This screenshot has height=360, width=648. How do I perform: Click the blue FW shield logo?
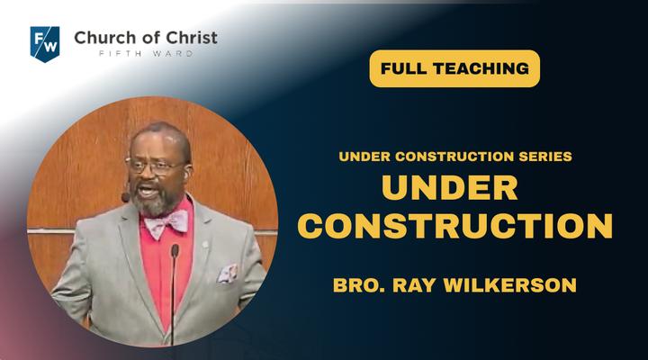[45, 44]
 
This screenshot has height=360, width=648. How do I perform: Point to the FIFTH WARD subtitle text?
[146, 54]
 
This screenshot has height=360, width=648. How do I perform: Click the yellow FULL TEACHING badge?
[454, 68]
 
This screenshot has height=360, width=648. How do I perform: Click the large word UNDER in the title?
[450, 187]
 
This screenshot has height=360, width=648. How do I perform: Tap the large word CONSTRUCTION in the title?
[454, 226]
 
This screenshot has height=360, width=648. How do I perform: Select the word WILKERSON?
[510, 285]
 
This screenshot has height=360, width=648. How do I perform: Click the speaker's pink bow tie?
[166, 223]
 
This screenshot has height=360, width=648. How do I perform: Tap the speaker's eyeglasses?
[155, 166]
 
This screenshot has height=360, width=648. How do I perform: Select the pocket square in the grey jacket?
[228, 274]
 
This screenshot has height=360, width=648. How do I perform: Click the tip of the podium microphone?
[175, 249]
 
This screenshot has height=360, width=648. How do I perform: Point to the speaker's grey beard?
[155, 203]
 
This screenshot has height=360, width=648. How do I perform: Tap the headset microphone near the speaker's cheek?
[125, 198]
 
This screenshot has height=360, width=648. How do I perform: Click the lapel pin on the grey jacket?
[205, 245]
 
